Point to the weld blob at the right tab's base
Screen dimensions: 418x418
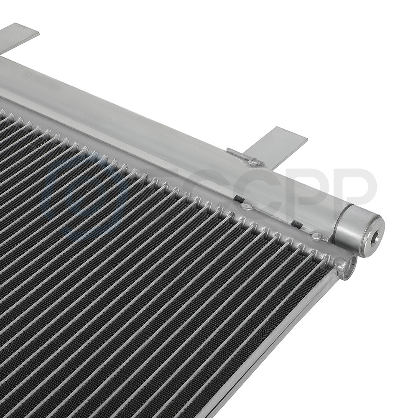(x=254, y=161)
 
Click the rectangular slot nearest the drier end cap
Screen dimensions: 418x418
(x=296, y=224)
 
